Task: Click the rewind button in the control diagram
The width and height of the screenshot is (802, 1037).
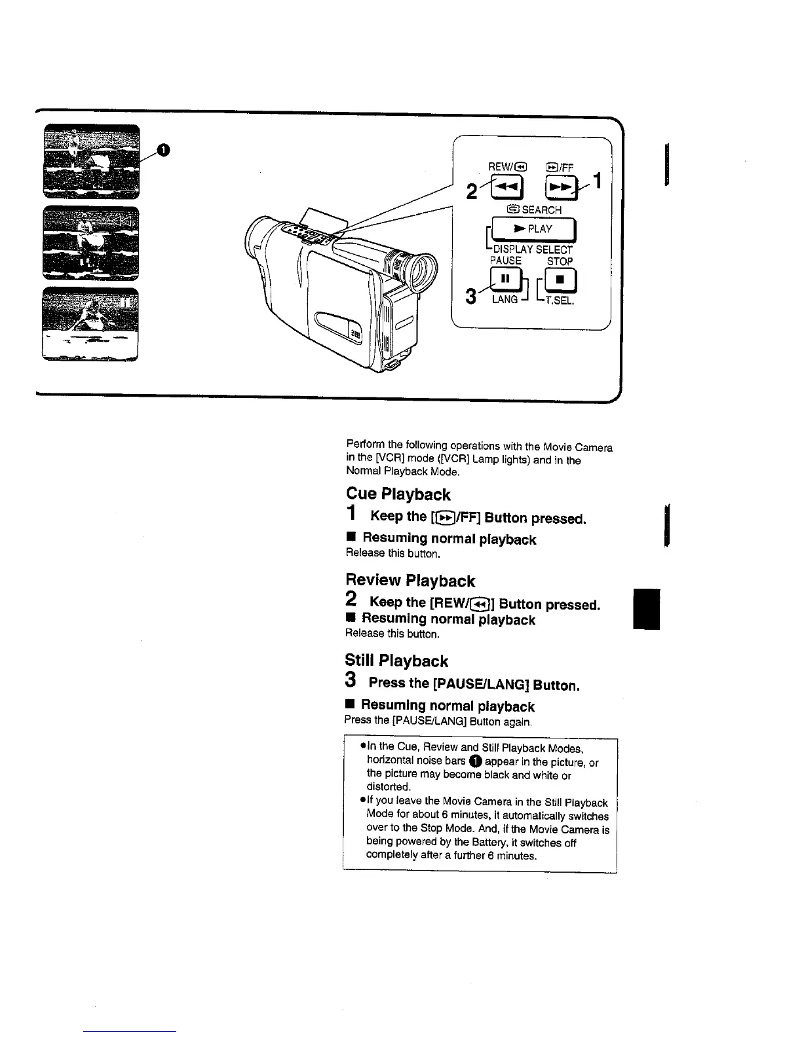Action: point(508,188)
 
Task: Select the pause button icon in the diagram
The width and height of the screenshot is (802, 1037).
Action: point(505,280)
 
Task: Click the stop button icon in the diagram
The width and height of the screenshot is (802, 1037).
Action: point(561,280)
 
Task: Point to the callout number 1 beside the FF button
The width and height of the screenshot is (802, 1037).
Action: point(596,180)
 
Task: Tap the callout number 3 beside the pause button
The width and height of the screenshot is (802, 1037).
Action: point(470,296)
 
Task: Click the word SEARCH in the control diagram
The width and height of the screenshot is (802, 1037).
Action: point(541,210)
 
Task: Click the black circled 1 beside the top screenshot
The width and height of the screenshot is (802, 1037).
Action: point(164,151)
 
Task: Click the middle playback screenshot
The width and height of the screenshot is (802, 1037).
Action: point(91,242)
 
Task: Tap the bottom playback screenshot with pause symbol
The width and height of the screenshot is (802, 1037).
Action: point(91,323)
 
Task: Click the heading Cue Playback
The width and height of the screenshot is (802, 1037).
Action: point(398,494)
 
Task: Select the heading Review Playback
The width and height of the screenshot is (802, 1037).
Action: point(410,581)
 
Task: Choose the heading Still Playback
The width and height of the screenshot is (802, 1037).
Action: point(397,661)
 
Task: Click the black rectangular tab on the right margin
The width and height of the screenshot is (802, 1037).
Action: point(647,609)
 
